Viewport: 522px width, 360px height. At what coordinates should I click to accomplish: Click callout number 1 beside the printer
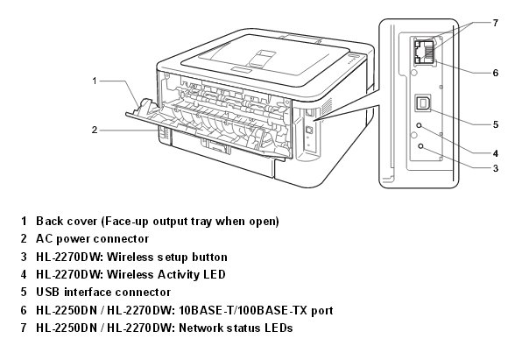[x=95, y=81]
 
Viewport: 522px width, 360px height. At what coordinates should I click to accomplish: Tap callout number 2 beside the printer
[x=95, y=130]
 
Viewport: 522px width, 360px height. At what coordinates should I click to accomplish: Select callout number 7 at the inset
[x=496, y=23]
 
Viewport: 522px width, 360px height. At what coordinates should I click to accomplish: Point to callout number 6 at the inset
[x=496, y=73]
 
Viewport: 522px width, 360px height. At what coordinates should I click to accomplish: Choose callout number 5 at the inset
[x=496, y=124]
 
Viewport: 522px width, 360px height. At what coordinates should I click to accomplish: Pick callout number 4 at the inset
[x=496, y=153]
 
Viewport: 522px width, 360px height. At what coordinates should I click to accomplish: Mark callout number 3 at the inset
[x=496, y=168]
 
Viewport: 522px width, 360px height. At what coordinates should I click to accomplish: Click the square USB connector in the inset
[x=423, y=102]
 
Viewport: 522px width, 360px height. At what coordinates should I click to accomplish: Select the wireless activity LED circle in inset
[x=420, y=125]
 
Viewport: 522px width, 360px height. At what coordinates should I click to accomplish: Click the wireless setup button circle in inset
[x=420, y=146]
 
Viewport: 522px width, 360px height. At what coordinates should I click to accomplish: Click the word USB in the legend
[x=47, y=292]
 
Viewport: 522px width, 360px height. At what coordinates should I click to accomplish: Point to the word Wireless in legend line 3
[x=129, y=257]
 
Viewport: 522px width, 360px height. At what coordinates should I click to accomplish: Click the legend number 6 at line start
[x=24, y=310]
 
